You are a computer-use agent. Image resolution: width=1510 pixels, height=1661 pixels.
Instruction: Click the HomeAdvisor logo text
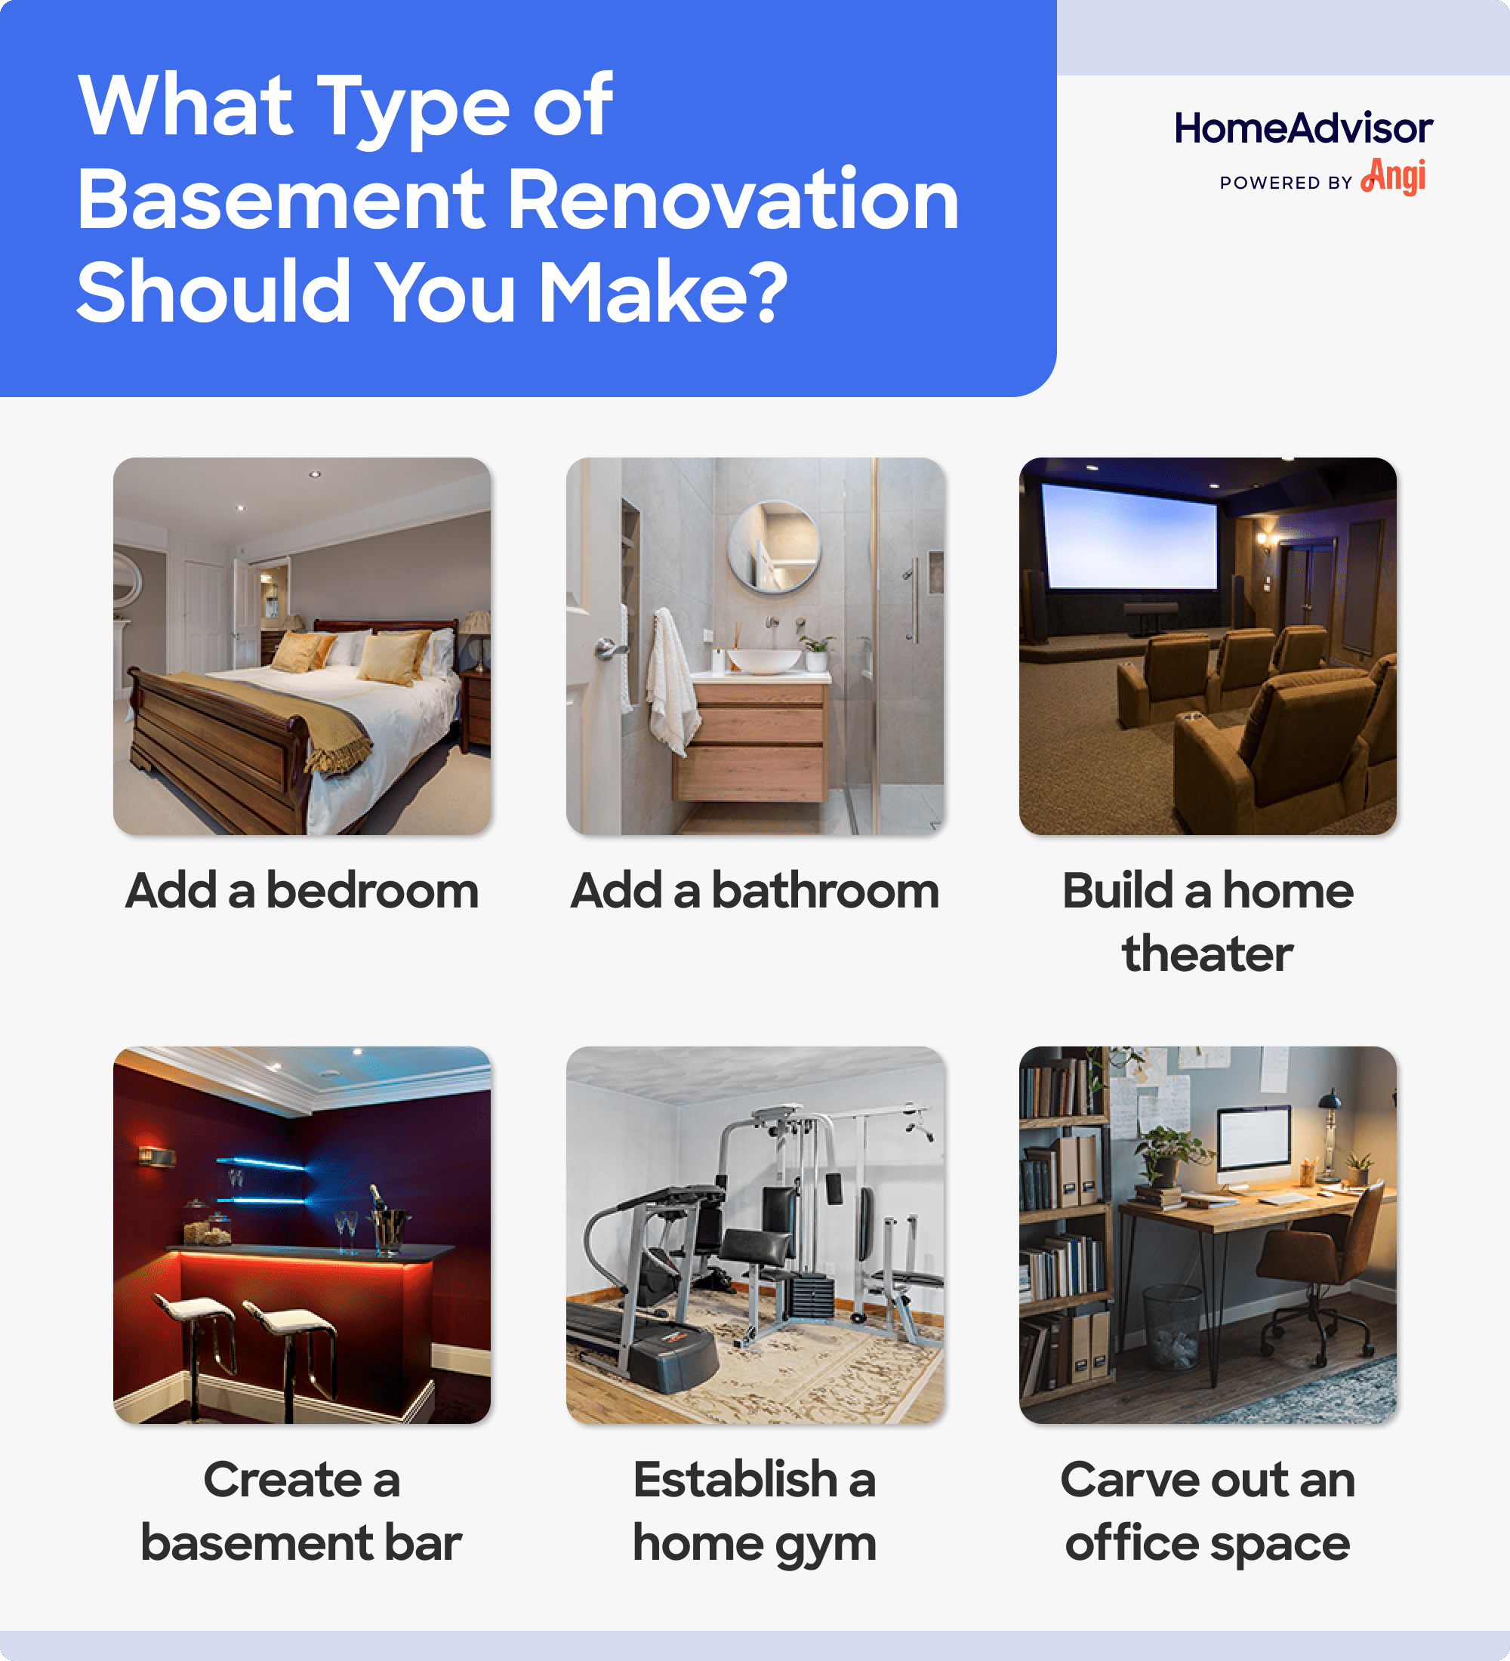pyautogui.click(x=1302, y=128)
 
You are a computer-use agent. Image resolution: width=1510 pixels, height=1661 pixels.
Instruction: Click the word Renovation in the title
pyautogui.click(x=732, y=199)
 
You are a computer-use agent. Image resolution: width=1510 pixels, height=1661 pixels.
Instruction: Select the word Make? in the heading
pyautogui.click(x=663, y=292)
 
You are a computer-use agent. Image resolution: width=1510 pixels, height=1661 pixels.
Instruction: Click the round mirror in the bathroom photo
pyautogui.click(x=774, y=547)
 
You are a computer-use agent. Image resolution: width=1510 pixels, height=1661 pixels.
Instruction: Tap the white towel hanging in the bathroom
pyautogui.click(x=671, y=679)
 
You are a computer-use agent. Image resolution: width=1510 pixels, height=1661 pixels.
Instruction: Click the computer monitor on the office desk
pyautogui.click(x=1253, y=1139)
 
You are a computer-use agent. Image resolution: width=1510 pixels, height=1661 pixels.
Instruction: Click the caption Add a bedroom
pyautogui.click(x=301, y=891)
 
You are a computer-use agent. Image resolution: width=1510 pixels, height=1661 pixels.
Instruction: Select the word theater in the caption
pyautogui.click(x=1206, y=954)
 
